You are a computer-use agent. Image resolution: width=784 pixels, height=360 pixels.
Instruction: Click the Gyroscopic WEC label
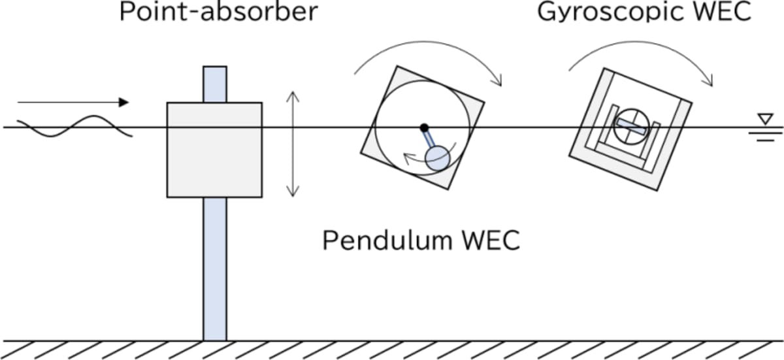[644, 12]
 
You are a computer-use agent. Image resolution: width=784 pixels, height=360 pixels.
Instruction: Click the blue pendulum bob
[436, 157]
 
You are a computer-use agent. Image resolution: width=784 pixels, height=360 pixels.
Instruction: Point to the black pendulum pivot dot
[424, 127]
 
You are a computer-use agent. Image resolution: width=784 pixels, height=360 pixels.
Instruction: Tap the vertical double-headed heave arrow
[293, 144]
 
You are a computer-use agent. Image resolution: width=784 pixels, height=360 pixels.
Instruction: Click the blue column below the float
[214, 268]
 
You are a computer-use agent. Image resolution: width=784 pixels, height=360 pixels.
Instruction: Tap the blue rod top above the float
[214, 84]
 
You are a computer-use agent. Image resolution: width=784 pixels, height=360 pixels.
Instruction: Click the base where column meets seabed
[214, 338]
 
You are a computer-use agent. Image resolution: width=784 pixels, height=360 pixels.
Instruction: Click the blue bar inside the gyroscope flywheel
[631, 127]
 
